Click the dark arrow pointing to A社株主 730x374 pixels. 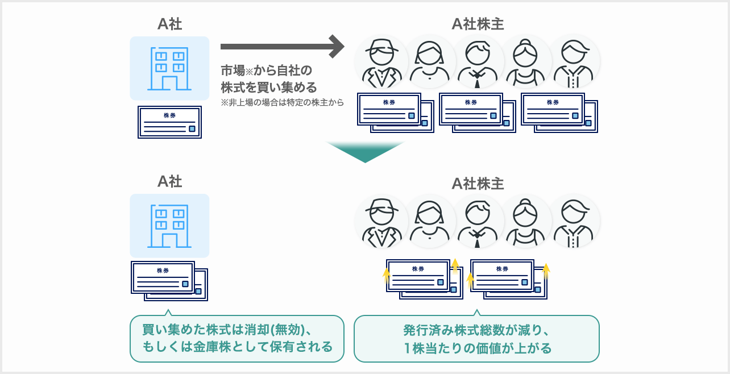(281, 47)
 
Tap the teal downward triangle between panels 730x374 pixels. (365, 150)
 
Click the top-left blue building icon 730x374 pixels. (169, 68)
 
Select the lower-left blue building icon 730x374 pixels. (169, 226)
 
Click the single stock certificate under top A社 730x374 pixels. (169, 122)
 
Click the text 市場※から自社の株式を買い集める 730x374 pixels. (268, 80)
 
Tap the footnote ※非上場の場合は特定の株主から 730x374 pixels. (274, 103)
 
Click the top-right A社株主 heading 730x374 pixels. (478, 23)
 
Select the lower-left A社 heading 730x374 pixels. (169, 181)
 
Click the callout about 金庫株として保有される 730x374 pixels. (237, 339)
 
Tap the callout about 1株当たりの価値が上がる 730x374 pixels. (476, 339)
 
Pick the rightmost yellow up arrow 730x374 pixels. (546, 270)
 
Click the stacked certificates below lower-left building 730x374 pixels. (169, 281)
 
